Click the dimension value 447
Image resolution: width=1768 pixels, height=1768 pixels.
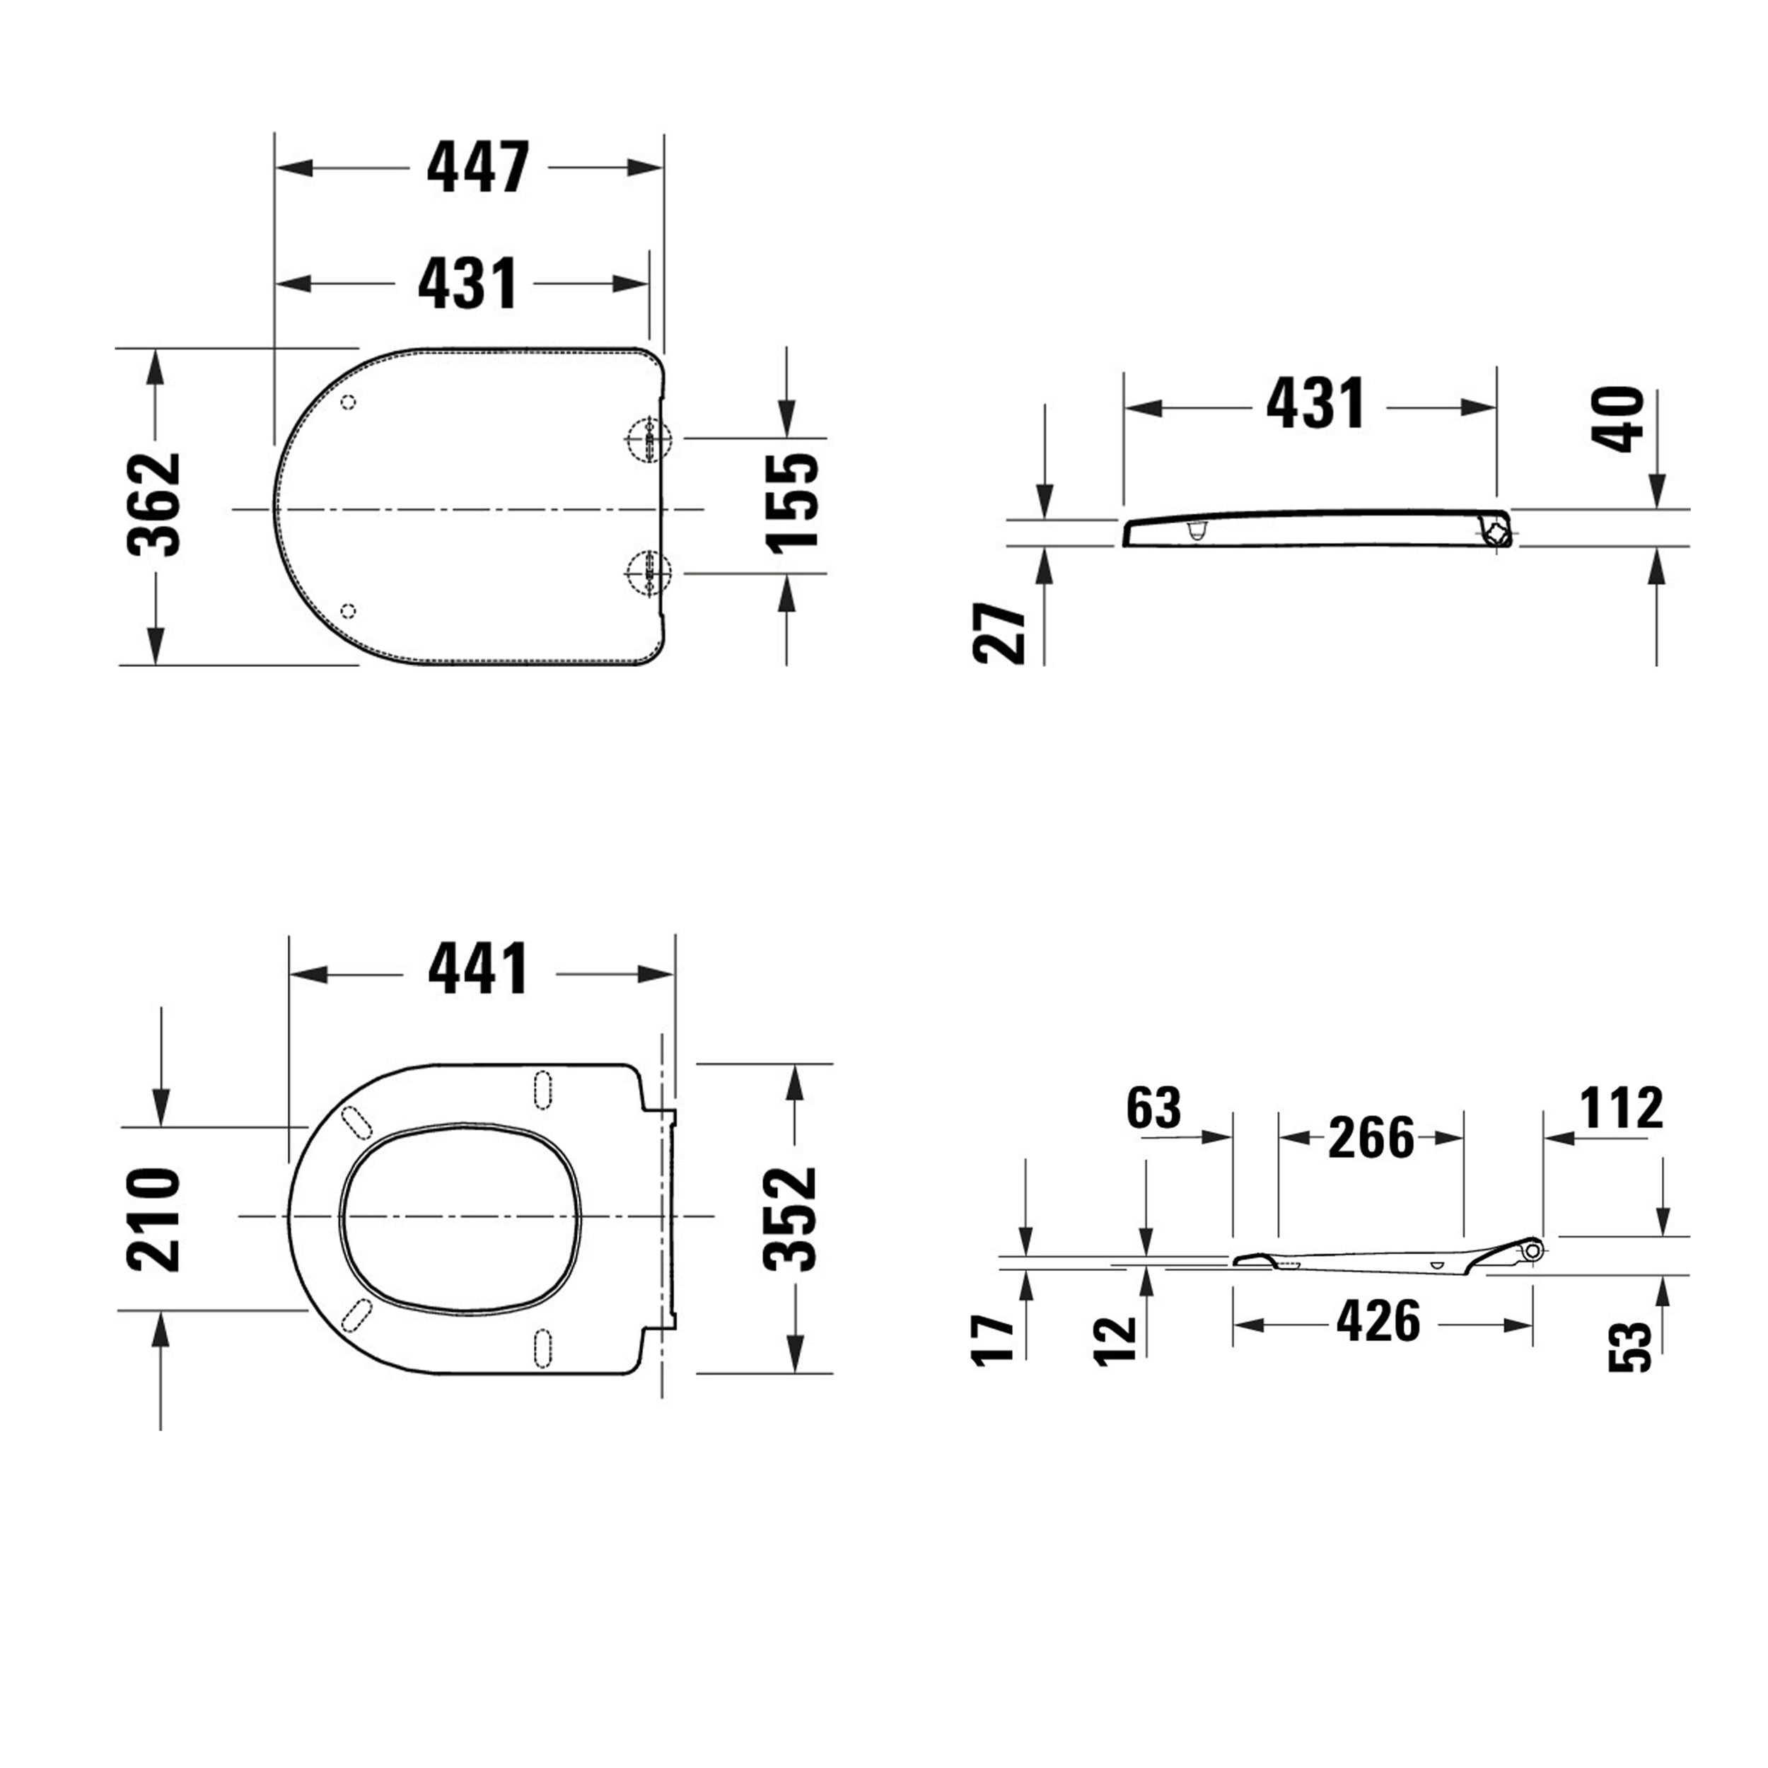tap(477, 168)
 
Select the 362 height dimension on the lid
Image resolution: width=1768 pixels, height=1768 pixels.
tap(153, 504)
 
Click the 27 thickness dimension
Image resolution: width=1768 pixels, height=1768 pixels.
tap(999, 633)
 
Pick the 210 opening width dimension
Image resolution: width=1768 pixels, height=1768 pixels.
tap(153, 1219)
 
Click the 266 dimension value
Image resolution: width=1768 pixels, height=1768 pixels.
tap(1370, 1139)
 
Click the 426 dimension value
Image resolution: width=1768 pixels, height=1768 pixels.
tap(1378, 1322)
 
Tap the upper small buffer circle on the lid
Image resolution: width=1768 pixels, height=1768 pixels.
tap(348, 402)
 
